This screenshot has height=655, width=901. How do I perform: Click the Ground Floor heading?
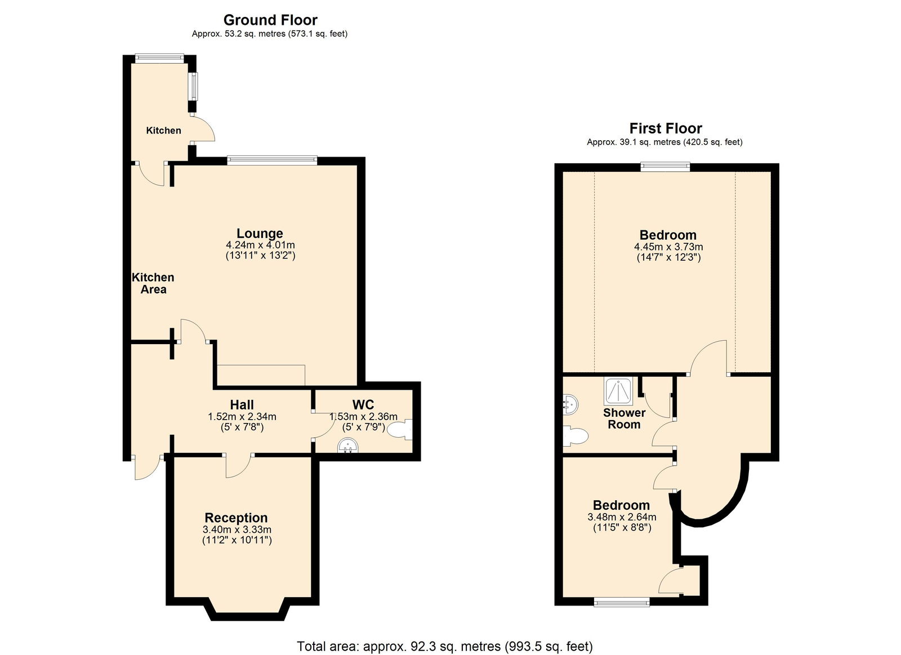270,20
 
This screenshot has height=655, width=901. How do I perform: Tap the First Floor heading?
665,128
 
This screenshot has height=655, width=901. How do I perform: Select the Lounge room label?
260,233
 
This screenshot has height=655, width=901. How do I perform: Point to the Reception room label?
236,518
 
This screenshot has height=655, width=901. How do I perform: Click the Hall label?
242,404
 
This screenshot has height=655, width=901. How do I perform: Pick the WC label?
363,404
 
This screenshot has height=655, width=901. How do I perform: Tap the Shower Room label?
625,418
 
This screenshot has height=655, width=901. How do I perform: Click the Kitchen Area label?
153,283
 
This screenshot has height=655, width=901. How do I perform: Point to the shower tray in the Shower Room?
618,391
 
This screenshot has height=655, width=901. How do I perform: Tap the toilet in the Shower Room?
576,436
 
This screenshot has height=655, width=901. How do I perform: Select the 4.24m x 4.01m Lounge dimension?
260,244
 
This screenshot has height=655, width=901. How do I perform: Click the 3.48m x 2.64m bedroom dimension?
622,517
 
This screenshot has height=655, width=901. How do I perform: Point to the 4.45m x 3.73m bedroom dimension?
668,247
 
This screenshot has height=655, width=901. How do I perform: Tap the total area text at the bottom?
445,635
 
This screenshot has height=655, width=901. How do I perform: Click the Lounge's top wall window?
272,160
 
